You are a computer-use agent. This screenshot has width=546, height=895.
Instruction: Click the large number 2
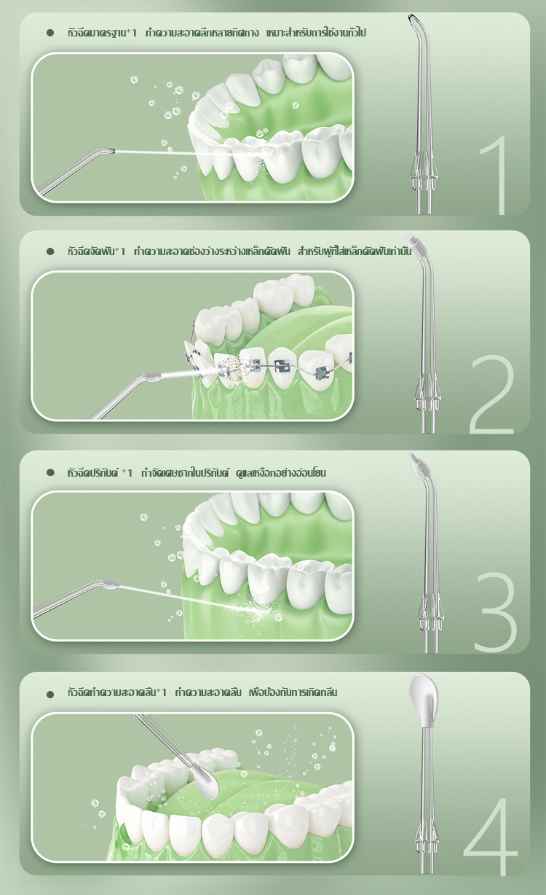pos(493,394)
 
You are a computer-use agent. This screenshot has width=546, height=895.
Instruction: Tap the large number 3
pos(495,611)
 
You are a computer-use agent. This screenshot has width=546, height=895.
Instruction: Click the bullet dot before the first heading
pos(50,33)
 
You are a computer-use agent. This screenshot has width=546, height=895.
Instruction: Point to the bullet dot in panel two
pos(50,251)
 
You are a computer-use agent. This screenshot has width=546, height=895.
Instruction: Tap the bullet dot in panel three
pos(50,472)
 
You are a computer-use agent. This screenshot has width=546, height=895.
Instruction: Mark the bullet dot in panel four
pos(50,693)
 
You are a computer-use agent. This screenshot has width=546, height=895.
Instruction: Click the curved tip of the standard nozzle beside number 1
pos(413,18)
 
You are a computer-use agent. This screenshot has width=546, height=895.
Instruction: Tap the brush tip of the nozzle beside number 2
pos(413,239)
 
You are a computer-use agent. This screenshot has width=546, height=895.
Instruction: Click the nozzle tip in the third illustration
pos(109,584)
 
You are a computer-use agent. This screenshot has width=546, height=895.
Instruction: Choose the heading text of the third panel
pos(196,472)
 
